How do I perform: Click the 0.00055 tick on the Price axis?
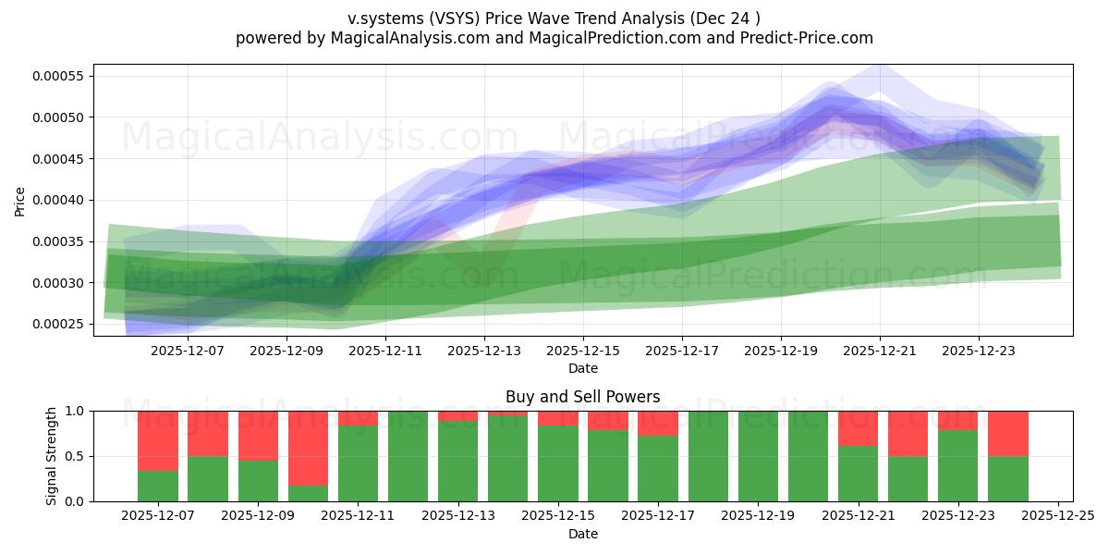pyautogui.click(x=57, y=76)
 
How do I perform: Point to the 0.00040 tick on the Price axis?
pyautogui.click(x=57, y=200)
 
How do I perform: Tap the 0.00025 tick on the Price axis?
pyautogui.click(x=57, y=325)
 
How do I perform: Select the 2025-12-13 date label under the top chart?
pyautogui.click(x=484, y=351)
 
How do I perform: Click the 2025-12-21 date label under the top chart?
pyautogui.click(x=880, y=351)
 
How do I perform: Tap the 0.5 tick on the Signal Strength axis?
pyautogui.click(x=74, y=456)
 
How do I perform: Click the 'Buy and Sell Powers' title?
pyautogui.click(x=582, y=397)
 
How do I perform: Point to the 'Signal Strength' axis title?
pyautogui.click(x=52, y=456)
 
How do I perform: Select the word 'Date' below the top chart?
pyautogui.click(x=582, y=368)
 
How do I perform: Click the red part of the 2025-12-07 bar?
pyautogui.click(x=158, y=440)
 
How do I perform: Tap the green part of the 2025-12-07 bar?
pyautogui.click(x=158, y=487)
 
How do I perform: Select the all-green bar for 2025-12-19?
pyautogui.click(x=758, y=456)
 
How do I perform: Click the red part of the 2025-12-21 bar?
pyautogui.click(x=858, y=427)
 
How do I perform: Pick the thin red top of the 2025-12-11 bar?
pyautogui.click(x=358, y=418)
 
